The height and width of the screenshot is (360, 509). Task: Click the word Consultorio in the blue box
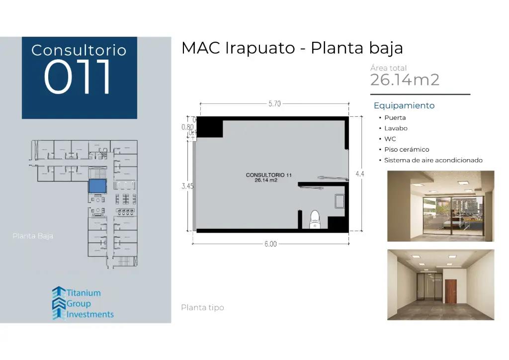79,50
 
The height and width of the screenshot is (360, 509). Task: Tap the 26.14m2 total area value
405,80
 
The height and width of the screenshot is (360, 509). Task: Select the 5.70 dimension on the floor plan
274,104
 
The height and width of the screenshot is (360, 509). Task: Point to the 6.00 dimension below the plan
270,244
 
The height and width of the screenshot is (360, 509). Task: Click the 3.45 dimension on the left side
187,186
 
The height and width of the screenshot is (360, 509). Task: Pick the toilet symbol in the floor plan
315,220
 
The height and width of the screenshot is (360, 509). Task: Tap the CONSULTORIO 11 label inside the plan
265,175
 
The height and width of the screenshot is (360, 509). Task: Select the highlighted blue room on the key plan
97,186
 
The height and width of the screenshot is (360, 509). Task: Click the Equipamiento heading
404,105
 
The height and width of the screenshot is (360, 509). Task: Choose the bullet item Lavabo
396,128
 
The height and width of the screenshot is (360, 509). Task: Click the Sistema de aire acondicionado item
433,160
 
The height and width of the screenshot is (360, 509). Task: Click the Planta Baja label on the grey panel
33,236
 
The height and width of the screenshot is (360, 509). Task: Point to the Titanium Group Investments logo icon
59,303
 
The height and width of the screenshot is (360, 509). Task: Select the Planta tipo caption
202,308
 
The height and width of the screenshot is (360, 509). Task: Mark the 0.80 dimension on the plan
187,127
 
